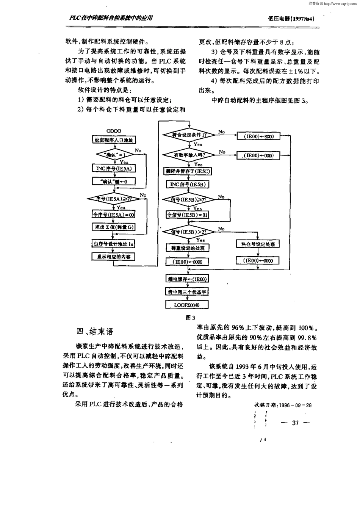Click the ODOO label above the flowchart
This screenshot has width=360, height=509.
[114, 131]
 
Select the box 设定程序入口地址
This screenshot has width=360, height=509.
[114, 140]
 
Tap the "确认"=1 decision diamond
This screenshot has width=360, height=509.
[114, 155]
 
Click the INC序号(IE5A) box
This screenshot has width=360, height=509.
[114, 168]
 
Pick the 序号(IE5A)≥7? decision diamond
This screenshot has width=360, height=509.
[114, 198]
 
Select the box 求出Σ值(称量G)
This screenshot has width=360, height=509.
[114, 227]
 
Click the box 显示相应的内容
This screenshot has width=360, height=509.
[114, 257]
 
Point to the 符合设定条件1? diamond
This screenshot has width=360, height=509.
[189, 135]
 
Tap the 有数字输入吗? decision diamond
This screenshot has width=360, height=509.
[189, 155]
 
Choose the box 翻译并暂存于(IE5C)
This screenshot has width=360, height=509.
[188, 171]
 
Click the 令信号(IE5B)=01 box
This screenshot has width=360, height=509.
[188, 215]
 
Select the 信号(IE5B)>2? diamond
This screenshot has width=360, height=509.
[189, 232]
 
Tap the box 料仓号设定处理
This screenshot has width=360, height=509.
[258, 244]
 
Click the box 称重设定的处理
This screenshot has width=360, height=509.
[188, 248]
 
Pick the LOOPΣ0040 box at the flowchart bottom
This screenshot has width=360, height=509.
[187, 305]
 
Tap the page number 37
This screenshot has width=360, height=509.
[296, 423]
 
